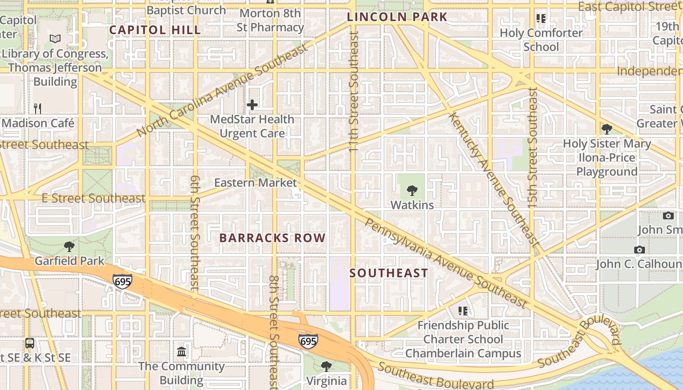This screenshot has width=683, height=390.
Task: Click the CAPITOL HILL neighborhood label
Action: coord(155,30)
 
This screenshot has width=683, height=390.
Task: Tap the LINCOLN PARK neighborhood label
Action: coord(397,17)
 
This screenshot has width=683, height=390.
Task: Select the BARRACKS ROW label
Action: coord(272,238)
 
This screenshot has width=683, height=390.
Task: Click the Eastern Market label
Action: coord(256,183)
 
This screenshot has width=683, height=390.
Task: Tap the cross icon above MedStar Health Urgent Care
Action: coord(252,105)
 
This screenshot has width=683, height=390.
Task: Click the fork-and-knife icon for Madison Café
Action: coord(38,108)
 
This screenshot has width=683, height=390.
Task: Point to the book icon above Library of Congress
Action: coord(56,39)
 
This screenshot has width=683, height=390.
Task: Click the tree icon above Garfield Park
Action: coord(69,246)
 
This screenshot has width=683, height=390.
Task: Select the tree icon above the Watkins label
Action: coord(412,190)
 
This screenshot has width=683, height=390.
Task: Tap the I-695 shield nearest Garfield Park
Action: coord(122,281)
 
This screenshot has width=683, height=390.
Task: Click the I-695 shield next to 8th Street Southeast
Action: coord(308,341)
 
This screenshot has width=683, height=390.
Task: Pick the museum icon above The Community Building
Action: coord(181,351)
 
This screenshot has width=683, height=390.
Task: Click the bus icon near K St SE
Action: coord(30,343)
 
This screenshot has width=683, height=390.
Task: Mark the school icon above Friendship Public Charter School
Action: coord(463,311)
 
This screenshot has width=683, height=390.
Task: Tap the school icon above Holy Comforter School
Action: coord(541,19)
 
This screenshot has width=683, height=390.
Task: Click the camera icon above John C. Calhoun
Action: coord(640,250)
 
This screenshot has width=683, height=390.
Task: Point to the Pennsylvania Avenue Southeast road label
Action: coord(446,263)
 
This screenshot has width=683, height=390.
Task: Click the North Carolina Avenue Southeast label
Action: coord(222,91)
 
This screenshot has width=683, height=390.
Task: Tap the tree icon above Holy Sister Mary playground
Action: coord(607,129)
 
